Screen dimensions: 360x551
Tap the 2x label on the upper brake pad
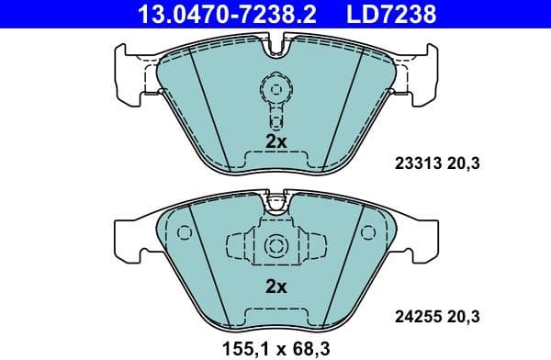275,142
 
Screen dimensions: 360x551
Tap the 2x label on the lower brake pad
275,287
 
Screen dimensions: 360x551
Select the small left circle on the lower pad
184,233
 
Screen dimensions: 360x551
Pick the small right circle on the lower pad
368,233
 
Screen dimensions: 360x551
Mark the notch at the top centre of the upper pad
275,42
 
